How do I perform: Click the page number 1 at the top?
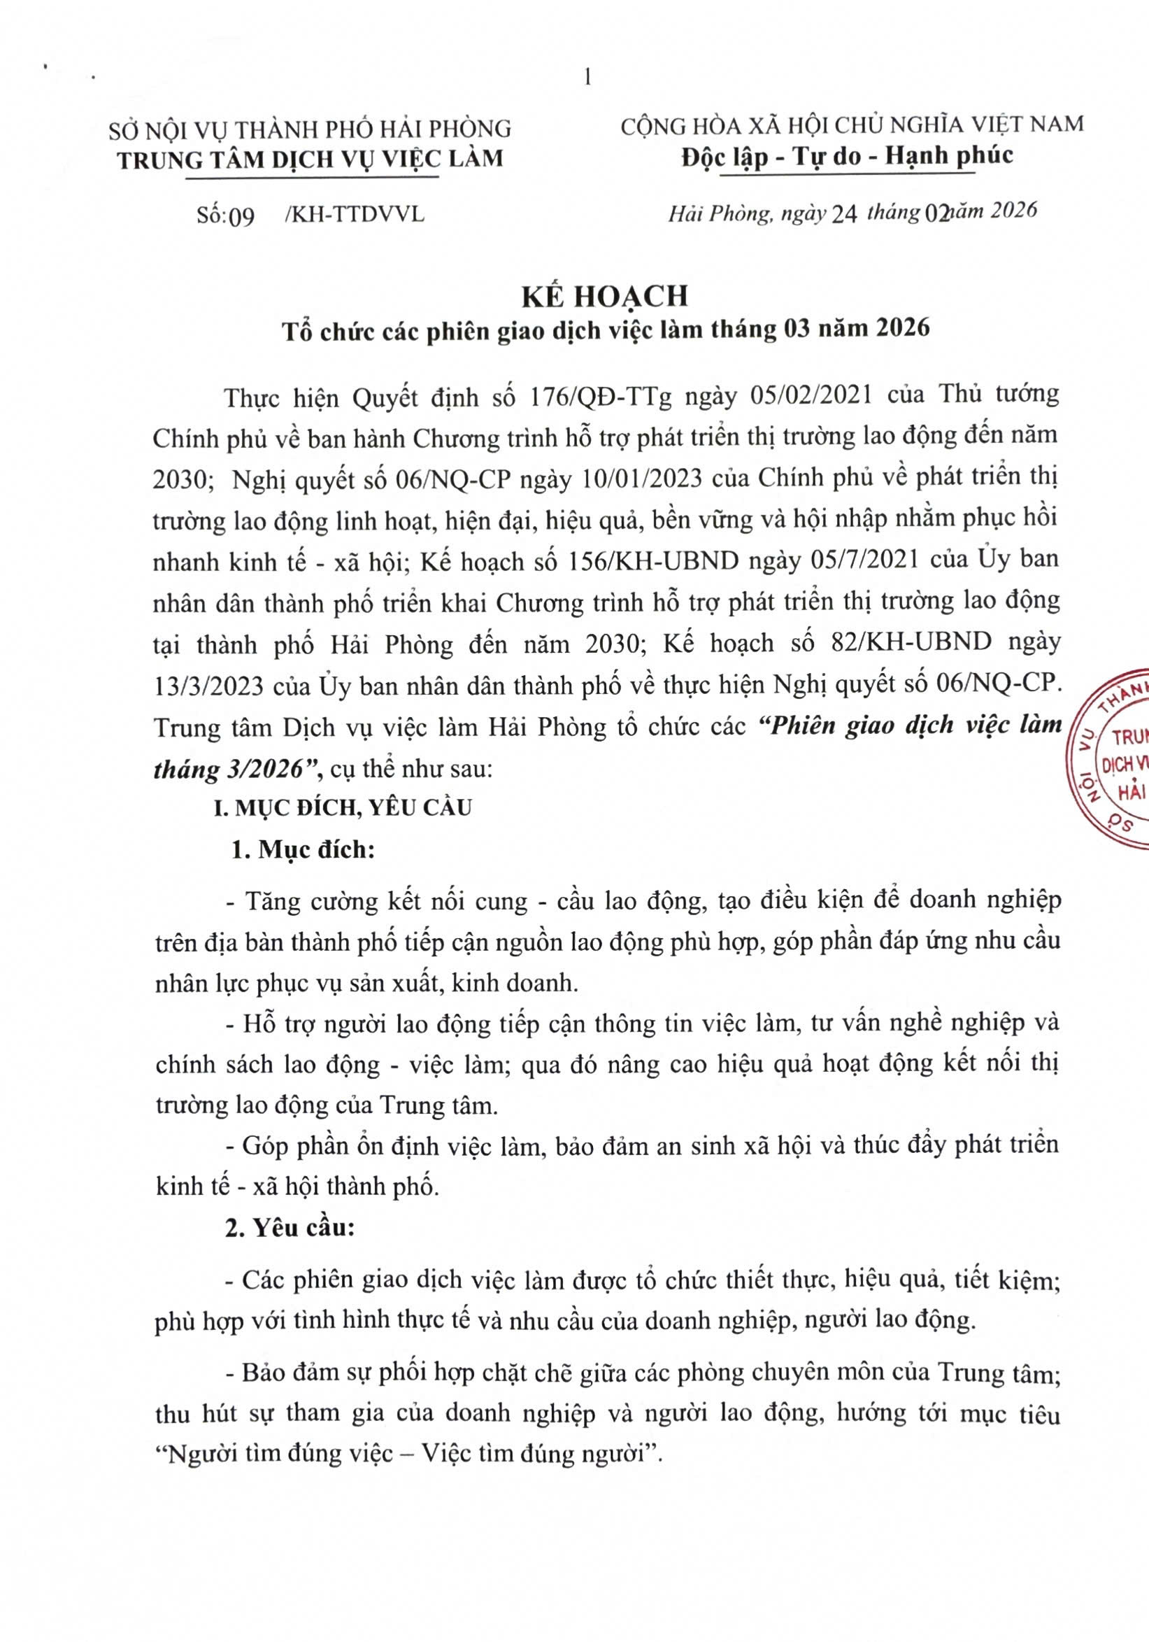point(587,78)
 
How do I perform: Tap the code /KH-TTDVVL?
point(354,214)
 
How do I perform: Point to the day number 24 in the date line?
point(843,214)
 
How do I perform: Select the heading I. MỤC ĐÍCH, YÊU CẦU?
point(344,807)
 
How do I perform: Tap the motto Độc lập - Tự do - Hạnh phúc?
point(847,156)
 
